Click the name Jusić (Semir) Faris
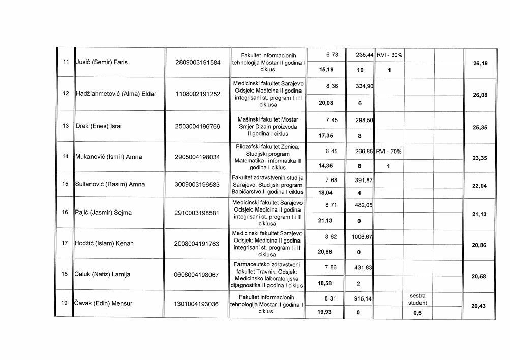(101, 63)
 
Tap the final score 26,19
(479, 64)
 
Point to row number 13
(65, 126)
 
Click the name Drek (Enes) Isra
(98, 126)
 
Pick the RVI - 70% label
(389, 151)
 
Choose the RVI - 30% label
(389, 55)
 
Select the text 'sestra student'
(420, 299)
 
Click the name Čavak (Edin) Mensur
(104, 304)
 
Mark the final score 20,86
(479, 245)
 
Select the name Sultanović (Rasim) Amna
(110, 184)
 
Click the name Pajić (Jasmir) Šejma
(103, 213)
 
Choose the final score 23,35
(479, 158)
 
